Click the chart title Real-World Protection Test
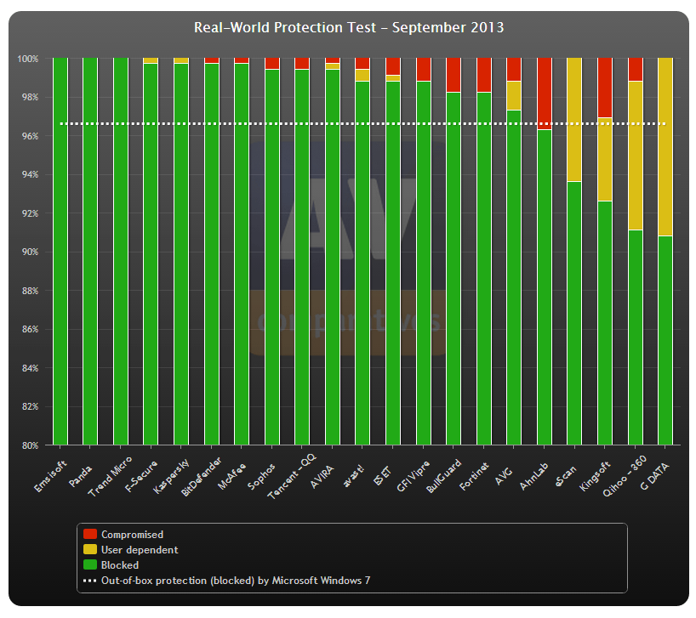(348, 27)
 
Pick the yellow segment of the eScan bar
(574, 119)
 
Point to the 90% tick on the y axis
(29, 252)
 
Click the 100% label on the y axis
(27, 59)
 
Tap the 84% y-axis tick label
(29, 368)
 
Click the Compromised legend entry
(132, 535)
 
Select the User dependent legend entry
(140, 550)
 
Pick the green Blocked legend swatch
(89, 565)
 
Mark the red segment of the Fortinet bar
(483, 75)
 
